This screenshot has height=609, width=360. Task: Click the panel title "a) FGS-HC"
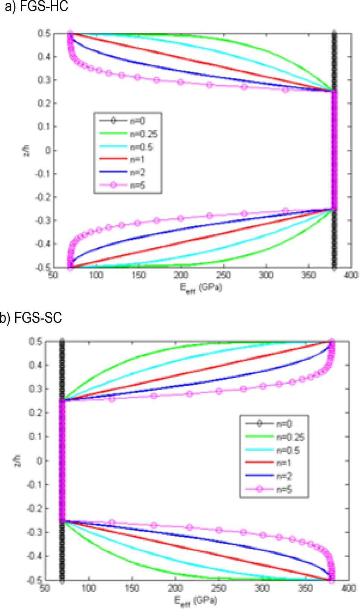click(x=37, y=6)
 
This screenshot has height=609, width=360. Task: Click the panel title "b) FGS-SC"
click(x=31, y=318)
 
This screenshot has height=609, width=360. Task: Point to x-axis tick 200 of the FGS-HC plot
click(x=181, y=275)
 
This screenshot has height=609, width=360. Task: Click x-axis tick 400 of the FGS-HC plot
click(x=351, y=275)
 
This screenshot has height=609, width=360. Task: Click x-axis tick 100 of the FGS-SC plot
click(x=88, y=588)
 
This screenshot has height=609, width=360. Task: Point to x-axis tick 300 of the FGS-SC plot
click(x=262, y=588)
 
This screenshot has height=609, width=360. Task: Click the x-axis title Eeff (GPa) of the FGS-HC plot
click(x=201, y=288)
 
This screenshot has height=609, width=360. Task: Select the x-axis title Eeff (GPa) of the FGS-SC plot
click(x=195, y=600)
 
